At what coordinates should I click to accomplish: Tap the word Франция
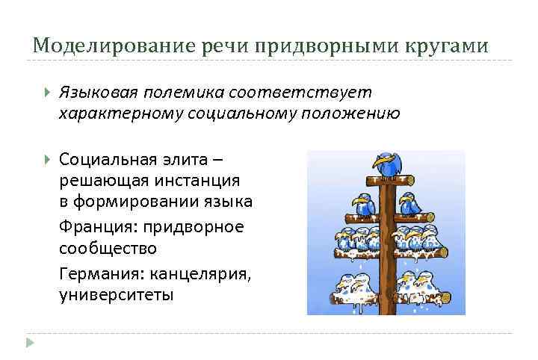point(94,226)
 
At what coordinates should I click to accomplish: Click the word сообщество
point(108,247)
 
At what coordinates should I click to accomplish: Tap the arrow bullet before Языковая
point(47,93)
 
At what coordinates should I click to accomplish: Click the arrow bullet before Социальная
point(47,159)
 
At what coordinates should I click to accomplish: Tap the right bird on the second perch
point(409,203)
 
